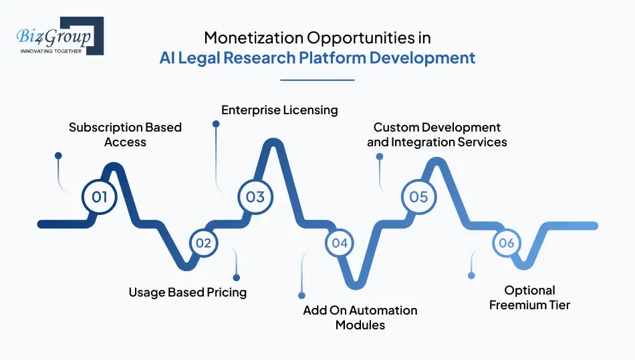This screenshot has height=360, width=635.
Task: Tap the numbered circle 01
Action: (100, 196)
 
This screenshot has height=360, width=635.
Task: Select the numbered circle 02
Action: (203, 243)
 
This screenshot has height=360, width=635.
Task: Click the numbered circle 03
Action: (255, 196)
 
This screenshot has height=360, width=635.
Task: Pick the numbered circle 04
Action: (340, 243)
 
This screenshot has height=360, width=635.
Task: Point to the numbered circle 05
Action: (418, 197)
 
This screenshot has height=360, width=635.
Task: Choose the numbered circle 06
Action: (506, 243)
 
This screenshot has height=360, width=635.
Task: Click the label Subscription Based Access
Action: (125, 134)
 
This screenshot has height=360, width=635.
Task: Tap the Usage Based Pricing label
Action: (187, 292)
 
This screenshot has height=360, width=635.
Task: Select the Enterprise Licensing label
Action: (279, 110)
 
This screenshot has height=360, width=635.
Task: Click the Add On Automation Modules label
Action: (360, 317)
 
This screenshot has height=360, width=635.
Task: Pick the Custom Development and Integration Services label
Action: (436, 134)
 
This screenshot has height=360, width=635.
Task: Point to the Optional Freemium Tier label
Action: (529, 297)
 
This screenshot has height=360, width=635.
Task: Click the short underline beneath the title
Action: (317, 80)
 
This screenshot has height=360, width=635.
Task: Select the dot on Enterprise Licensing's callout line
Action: (216, 124)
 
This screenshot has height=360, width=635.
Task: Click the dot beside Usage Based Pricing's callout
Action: (236, 277)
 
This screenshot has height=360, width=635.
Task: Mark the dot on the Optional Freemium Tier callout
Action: (471, 275)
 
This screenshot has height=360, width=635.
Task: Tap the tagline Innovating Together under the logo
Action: (51, 51)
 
